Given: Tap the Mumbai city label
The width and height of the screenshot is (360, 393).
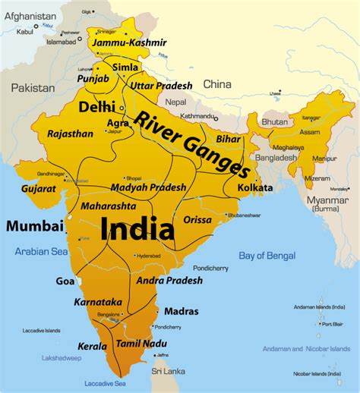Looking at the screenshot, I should [x=35, y=225].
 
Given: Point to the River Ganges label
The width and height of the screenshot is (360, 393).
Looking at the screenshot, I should [x=191, y=143].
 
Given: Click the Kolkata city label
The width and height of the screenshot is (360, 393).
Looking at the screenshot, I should [x=255, y=187].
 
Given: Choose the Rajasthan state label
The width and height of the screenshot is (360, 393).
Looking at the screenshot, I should [x=70, y=134].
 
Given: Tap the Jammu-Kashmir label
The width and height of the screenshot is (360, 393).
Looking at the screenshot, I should [x=128, y=43].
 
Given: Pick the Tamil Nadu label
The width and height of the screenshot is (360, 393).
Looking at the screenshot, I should [x=141, y=344].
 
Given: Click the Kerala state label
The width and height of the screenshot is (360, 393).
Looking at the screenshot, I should [x=92, y=346].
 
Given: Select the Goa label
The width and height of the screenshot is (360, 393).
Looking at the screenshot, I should [x=65, y=281].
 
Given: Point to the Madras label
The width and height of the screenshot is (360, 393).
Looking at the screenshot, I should [x=181, y=311].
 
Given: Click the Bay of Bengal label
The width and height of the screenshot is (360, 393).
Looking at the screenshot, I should [x=267, y=256].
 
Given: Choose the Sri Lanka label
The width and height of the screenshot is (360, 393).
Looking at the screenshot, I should [x=168, y=371].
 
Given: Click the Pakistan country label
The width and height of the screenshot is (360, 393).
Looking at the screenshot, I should [x=33, y=88].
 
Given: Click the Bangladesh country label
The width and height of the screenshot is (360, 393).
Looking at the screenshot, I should [x=276, y=158].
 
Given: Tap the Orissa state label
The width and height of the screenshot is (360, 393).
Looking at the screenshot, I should [x=197, y=219].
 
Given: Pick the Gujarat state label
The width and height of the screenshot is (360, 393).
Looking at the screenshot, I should [x=39, y=187].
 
